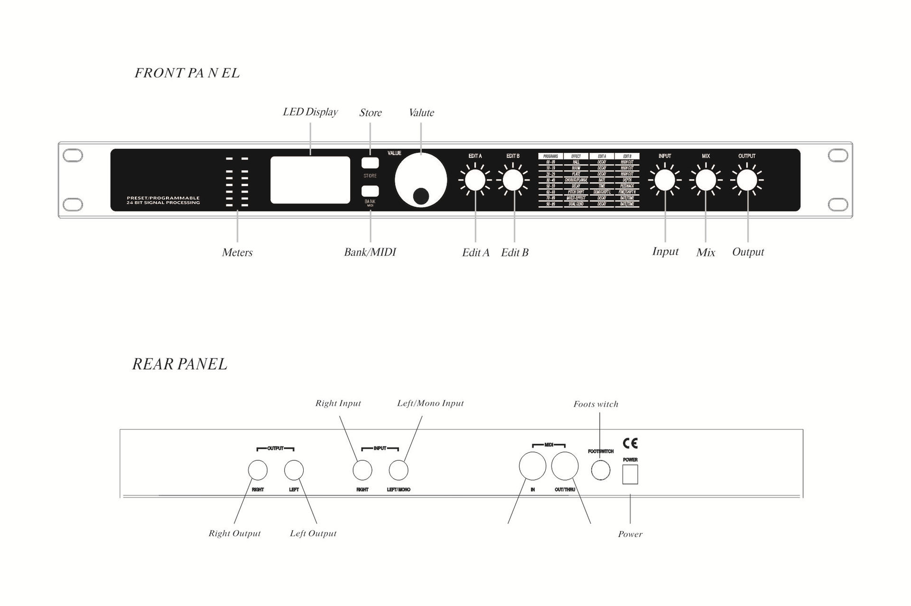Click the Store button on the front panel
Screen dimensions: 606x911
(370, 162)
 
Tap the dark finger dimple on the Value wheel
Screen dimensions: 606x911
(421, 196)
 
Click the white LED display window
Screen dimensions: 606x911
(310, 180)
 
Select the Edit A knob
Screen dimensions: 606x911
(475, 180)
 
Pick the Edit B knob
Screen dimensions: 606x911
(513, 180)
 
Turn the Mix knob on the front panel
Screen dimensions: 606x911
(706, 180)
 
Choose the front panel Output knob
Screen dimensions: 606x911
(747, 180)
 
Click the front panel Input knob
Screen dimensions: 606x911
(665, 180)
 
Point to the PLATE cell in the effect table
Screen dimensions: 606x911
(576, 174)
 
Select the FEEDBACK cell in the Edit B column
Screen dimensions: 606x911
(627, 186)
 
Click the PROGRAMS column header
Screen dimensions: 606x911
(550, 156)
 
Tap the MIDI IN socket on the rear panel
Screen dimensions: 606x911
(532, 466)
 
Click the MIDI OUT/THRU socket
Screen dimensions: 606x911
(565, 466)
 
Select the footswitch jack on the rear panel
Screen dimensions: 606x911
(600, 471)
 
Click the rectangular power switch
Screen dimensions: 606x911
(630, 474)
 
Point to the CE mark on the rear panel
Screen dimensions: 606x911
(630, 443)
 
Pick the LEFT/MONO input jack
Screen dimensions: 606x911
(399, 470)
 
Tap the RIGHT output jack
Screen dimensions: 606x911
(258, 470)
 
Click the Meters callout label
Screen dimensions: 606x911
(237, 253)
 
